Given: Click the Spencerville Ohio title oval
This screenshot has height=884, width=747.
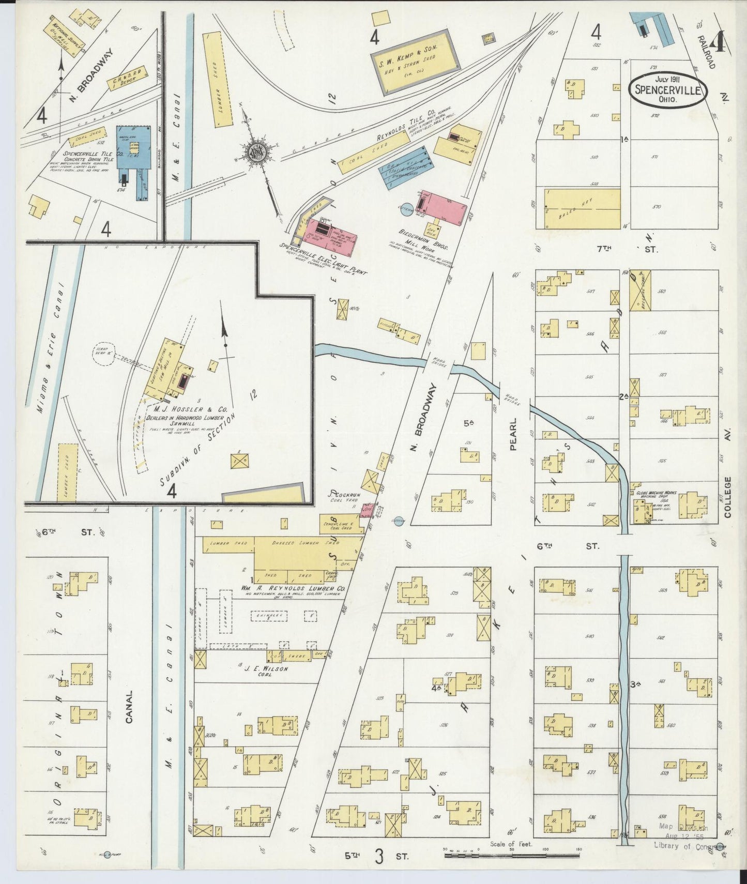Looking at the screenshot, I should click(667, 89).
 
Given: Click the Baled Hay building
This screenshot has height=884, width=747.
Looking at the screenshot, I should click(582, 208).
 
